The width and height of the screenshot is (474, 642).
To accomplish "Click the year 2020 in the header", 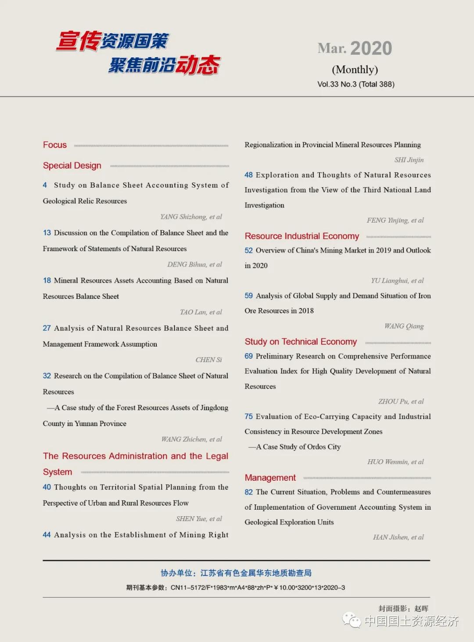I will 371,48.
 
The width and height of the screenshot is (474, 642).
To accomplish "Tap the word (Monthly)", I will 355,70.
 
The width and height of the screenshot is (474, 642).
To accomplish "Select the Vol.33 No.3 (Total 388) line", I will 355,84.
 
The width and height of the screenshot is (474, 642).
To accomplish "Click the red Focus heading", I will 55,145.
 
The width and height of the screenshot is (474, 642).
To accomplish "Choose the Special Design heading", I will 72,166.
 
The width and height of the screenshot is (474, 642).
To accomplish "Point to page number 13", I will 47,233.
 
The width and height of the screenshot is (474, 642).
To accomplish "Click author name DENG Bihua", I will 194,265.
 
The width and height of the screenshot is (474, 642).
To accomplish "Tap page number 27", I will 47,328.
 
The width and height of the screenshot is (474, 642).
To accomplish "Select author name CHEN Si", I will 208,360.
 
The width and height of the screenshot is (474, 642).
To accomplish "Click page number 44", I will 47,535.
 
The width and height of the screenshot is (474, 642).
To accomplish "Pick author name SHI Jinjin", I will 409,160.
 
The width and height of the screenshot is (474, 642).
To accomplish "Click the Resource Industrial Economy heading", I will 302,236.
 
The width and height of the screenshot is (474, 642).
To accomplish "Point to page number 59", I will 248,296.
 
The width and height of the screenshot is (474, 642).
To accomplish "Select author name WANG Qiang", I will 404,326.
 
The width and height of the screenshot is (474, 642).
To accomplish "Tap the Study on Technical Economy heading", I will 301,342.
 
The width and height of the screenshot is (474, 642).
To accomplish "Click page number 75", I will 248,416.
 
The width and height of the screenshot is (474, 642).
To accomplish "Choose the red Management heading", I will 270,478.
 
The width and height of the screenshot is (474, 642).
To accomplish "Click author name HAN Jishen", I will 398,537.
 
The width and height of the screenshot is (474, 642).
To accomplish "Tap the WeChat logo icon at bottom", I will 352,620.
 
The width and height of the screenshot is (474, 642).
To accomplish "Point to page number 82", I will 248,492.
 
